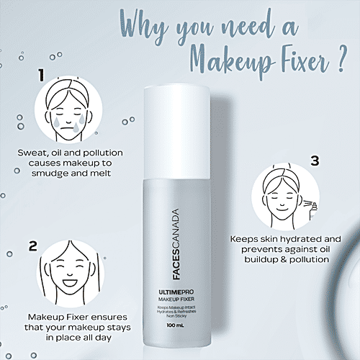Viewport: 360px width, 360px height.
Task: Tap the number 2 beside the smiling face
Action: [x=33, y=246]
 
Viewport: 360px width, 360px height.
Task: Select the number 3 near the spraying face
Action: [x=314, y=161]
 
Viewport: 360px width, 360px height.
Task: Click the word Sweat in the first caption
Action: [x=34, y=153]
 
